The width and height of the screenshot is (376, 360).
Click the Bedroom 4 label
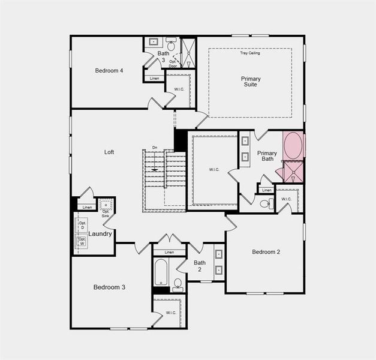point(109,71)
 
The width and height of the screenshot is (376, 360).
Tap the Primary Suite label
point(251,82)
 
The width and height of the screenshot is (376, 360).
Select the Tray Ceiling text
point(250,53)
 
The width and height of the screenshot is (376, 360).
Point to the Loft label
point(109,152)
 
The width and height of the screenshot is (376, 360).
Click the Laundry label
point(100,234)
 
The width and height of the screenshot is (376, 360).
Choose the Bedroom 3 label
point(109,287)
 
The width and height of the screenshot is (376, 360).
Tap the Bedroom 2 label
point(266,252)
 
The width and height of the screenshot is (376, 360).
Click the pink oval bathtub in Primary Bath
point(293,146)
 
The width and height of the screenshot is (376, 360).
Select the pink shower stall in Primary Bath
point(293,172)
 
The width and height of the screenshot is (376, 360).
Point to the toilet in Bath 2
point(178,283)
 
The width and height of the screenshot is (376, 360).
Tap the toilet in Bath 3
point(171,45)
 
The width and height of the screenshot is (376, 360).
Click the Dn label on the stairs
point(154,148)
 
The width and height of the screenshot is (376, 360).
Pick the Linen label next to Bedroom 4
point(154,79)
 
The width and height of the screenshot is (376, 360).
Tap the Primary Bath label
point(267,156)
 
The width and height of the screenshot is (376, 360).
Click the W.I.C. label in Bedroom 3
point(171,313)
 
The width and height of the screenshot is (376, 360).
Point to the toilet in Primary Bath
point(266,204)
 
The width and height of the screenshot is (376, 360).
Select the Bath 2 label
point(200,266)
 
